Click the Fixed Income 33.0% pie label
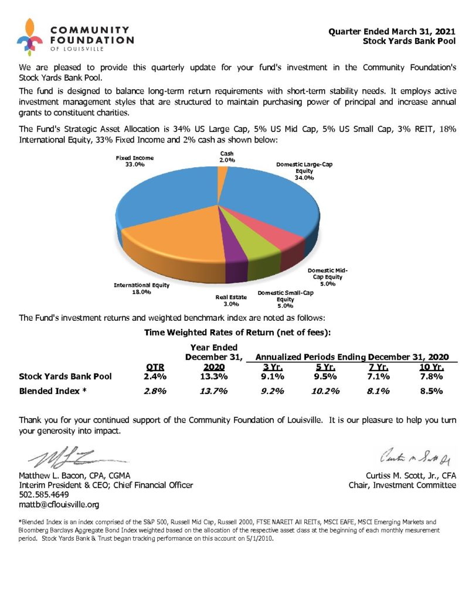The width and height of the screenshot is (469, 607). tap(127, 161)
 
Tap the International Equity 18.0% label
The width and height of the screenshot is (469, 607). tap(141, 289)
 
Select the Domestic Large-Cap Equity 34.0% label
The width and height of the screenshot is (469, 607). tap(304, 171)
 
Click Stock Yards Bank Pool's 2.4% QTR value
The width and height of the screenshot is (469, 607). tap(155, 377)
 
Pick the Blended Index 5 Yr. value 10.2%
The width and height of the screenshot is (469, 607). tap(323, 391)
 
